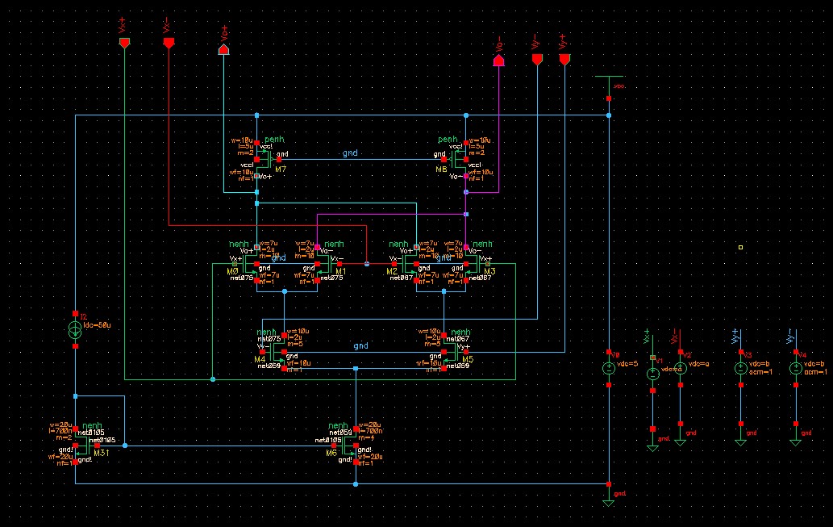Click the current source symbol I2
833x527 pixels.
(74, 329)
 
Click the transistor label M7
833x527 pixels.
(280, 170)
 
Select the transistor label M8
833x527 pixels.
(441, 170)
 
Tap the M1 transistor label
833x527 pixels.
(340, 271)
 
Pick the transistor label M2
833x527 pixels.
(391, 271)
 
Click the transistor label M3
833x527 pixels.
(489, 271)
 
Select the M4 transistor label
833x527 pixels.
(260, 359)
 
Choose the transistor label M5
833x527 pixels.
(465, 359)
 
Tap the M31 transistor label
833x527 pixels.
(102, 453)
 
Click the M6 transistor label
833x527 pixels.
(331, 453)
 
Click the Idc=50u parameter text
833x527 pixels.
(95, 324)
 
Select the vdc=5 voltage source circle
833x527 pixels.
(609, 369)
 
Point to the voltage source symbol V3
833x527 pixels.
(740, 369)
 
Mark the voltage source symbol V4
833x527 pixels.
(795, 369)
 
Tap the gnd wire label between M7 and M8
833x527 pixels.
(349, 153)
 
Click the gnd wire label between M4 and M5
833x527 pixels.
(360, 345)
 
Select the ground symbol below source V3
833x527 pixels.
(740, 441)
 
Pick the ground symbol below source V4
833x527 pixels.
(795, 441)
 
